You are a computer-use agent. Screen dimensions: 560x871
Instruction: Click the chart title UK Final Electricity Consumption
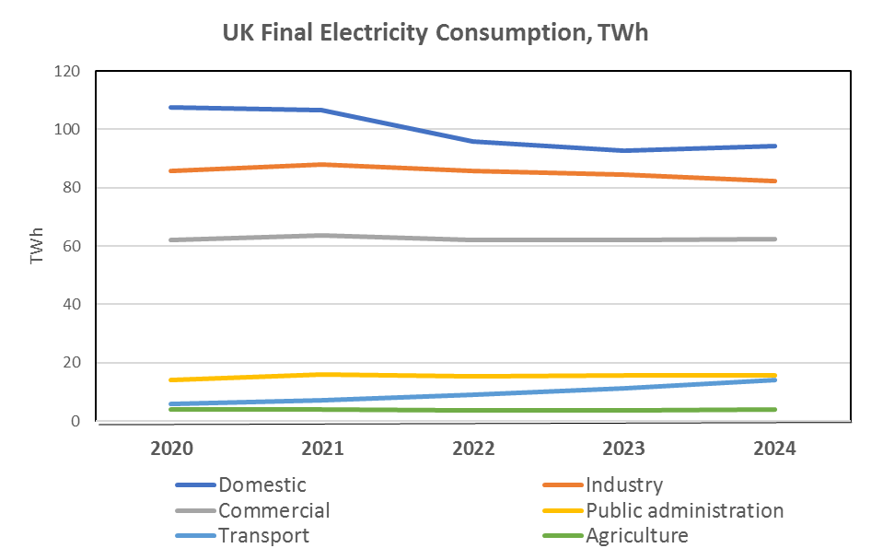click(x=435, y=33)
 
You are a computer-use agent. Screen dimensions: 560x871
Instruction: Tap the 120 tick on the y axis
click(x=68, y=71)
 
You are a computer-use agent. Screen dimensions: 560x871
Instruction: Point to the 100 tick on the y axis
click(x=68, y=129)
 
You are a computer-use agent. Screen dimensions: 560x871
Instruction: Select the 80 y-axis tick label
click(x=72, y=188)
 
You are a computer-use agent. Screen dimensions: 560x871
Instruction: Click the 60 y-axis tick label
click(x=72, y=246)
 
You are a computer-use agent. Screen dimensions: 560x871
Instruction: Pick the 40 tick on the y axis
click(x=72, y=304)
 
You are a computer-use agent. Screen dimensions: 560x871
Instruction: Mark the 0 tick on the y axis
click(x=76, y=421)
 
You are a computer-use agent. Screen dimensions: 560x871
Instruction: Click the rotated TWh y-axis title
click(x=38, y=246)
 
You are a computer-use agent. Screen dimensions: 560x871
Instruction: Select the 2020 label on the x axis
click(x=171, y=449)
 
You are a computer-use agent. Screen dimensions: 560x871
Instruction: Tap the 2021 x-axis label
click(x=323, y=449)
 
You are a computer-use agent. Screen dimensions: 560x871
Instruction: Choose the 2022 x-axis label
click(x=474, y=449)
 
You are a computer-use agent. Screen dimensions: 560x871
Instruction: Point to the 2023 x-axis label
click(x=625, y=449)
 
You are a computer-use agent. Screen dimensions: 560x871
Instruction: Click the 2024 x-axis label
click(x=776, y=449)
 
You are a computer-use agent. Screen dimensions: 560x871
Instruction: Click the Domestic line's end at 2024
click(x=776, y=146)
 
